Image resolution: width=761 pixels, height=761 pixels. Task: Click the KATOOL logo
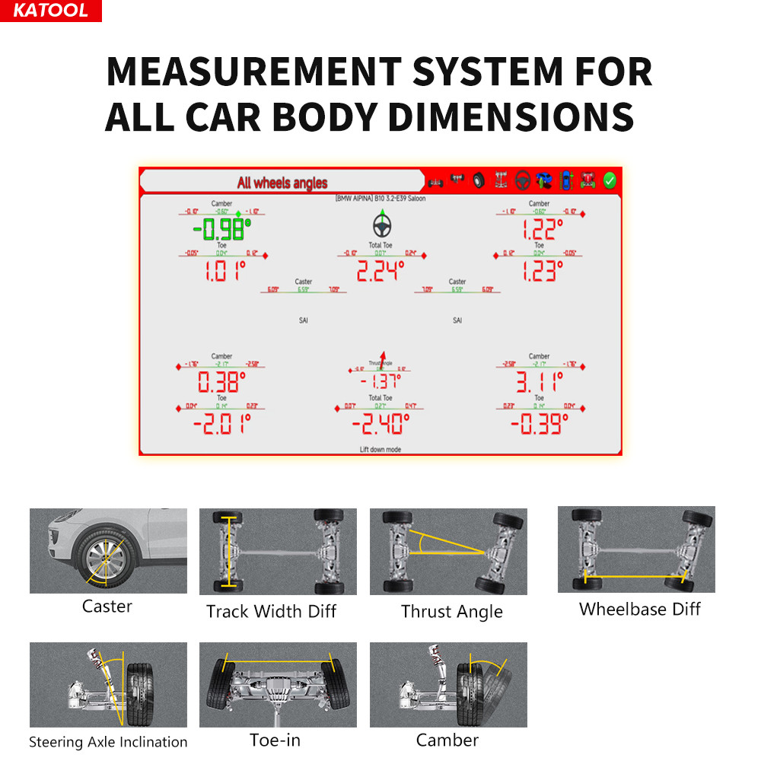point(50,11)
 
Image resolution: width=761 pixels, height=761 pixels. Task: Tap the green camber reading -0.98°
point(221,229)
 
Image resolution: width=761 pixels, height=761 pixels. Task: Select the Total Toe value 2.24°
point(380,270)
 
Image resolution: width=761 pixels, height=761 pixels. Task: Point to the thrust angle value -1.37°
point(380,381)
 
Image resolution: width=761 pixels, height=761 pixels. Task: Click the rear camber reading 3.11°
point(538,380)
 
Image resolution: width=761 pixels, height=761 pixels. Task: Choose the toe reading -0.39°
point(538,423)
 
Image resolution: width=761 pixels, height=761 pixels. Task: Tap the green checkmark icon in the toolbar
point(609,180)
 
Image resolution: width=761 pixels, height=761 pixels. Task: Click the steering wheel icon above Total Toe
point(381,225)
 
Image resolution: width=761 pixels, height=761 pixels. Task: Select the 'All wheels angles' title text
point(282,183)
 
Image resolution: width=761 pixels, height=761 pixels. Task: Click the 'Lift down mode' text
point(380,450)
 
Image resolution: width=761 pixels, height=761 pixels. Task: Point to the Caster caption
point(107,607)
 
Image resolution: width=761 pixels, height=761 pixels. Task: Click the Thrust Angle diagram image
point(448,552)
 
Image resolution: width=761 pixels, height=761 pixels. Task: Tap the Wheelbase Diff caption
point(639,609)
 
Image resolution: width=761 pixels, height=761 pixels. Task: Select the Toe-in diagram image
point(278,684)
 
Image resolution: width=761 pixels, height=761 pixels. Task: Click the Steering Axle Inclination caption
point(108,742)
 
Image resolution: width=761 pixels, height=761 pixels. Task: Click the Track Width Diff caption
point(272,611)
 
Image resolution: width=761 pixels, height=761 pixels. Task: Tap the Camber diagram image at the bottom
point(448,684)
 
